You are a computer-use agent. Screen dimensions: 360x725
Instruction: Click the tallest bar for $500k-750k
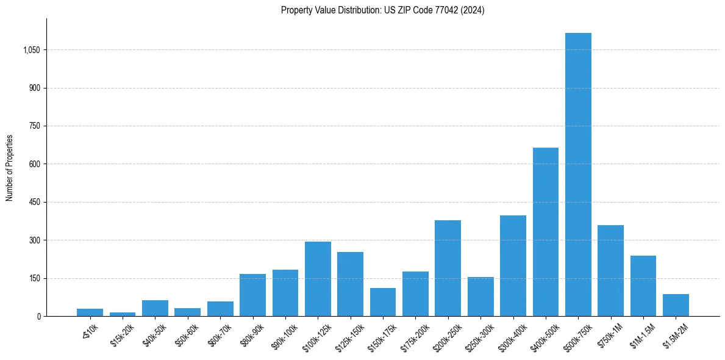pos(578,175)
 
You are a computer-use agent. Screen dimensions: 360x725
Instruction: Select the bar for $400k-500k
pos(545,232)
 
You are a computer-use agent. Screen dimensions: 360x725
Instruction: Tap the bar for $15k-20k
pos(123,314)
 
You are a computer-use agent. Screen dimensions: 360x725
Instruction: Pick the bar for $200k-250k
pos(448,268)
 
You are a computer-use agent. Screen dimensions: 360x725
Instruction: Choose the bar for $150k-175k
pos(383,302)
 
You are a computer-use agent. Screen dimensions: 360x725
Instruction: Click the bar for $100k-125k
pos(318,279)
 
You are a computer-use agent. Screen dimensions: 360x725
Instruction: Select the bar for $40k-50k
pos(155,308)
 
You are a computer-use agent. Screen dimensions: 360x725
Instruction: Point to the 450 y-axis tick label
pos(35,203)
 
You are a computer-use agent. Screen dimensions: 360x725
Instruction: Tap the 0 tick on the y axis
pos(39,317)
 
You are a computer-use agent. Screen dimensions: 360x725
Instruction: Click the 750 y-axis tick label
pos(35,126)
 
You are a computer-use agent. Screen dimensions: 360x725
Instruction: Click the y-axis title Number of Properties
pos(10,167)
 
